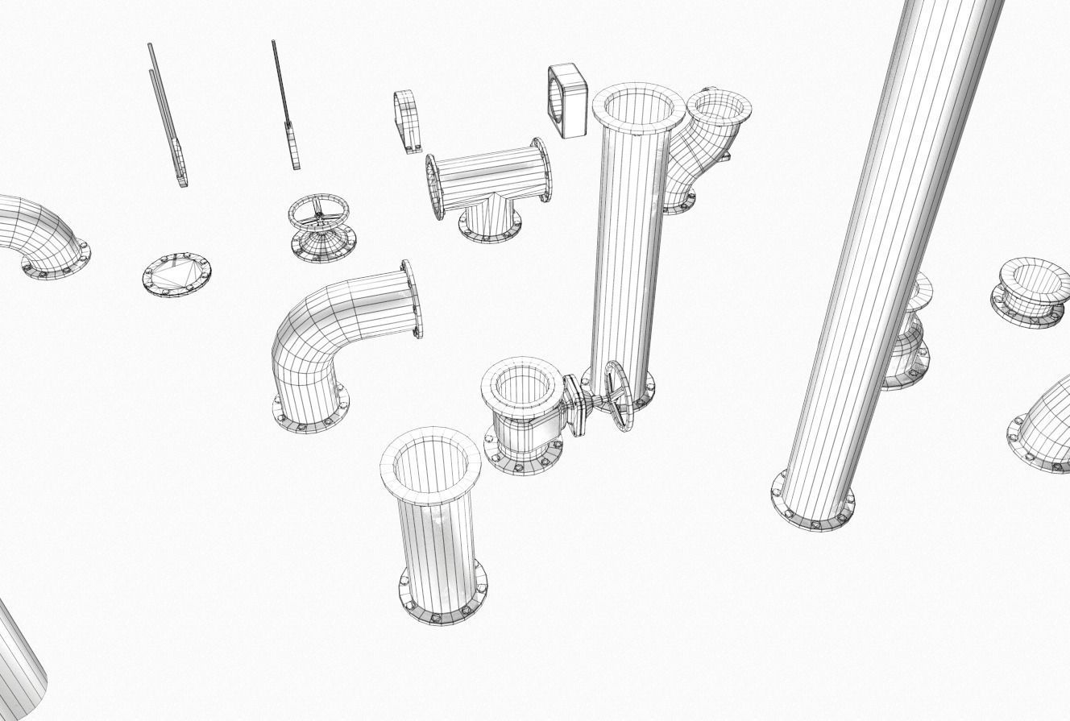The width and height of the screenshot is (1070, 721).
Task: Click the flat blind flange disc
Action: pyautogui.click(x=176, y=275)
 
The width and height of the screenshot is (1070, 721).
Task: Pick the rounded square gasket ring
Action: pyautogui.click(x=568, y=102)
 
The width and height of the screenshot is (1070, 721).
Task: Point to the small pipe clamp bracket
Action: pyautogui.click(x=409, y=121)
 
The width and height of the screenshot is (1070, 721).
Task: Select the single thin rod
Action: pyautogui.click(x=285, y=105)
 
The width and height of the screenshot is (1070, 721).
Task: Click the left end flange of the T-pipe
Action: pyautogui.click(x=434, y=187)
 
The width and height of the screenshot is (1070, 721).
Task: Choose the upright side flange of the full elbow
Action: pyautogui.click(x=413, y=298)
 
